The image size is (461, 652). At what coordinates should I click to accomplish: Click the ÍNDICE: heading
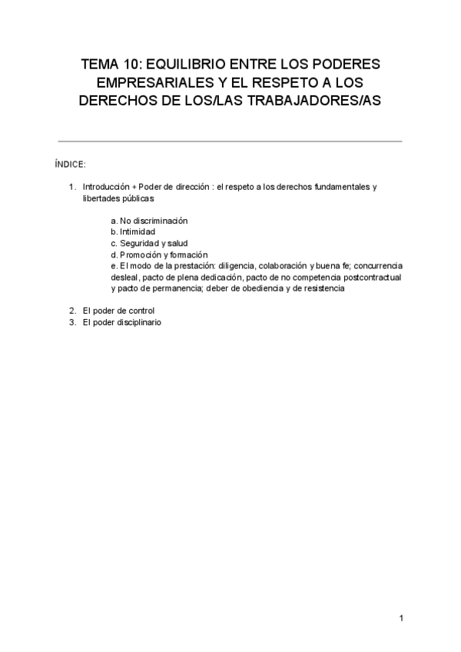[x=70, y=165]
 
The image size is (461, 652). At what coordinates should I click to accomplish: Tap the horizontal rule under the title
[x=230, y=141]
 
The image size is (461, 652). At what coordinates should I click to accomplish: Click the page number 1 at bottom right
[x=401, y=618]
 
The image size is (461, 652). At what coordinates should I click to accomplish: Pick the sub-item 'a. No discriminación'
[x=149, y=221]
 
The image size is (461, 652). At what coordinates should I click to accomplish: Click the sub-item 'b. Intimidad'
[x=133, y=232]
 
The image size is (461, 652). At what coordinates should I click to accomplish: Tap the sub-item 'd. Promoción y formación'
[x=159, y=255]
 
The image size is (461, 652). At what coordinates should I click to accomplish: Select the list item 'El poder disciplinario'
[x=122, y=323]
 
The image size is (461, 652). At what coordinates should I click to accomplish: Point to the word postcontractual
[x=372, y=278]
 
